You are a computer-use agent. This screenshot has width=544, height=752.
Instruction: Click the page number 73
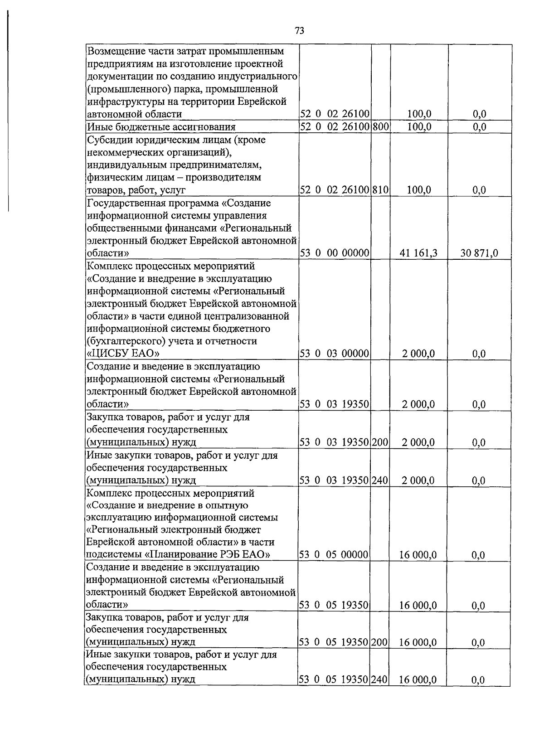[x=299, y=31]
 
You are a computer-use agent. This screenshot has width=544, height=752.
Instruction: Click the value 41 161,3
[x=418, y=253]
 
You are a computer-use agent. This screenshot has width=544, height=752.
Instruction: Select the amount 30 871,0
[x=479, y=253]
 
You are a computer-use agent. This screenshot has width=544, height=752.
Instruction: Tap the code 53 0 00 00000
[x=335, y=253]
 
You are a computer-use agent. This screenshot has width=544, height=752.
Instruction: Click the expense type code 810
[x=381, y=190]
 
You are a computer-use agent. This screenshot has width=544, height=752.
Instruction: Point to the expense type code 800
[x=381, y=126]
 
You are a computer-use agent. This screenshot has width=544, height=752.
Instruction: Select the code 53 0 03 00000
[x=335, y=354]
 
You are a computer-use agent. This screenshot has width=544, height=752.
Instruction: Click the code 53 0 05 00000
[x=335, y=555]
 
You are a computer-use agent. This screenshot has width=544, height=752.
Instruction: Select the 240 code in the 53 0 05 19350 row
[x=381, y=679]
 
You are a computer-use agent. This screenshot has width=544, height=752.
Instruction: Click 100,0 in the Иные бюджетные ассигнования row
[x=419, y=126]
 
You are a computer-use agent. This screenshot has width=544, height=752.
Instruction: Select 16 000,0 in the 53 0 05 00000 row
[x=418, y=555]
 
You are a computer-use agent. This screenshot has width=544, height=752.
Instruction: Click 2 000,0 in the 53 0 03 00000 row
[x=418, y=354]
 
